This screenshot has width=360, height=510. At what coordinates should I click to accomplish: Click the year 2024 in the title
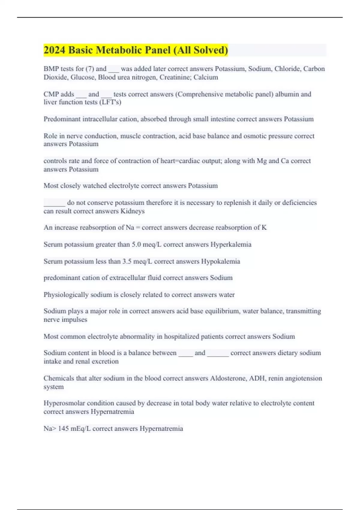pyautogui.click(x=54, y=50)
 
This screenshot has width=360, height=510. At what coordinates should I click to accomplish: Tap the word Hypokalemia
pyautogui.click(x=220, y=261)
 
